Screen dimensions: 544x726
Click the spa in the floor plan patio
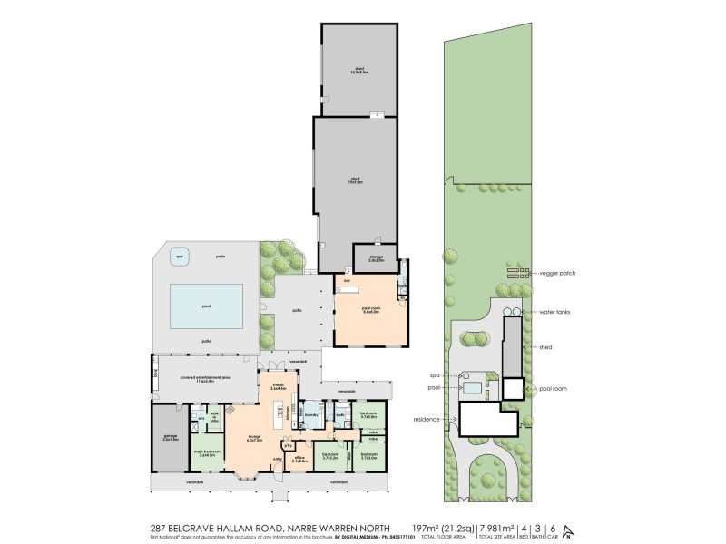coord(178,256)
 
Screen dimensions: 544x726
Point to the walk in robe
coord(215,419)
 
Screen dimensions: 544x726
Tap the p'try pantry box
coord(288,445)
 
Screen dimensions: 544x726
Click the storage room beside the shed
coord(376,258)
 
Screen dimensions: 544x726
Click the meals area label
coord(277,386)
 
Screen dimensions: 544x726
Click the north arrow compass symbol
coord(567,531)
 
